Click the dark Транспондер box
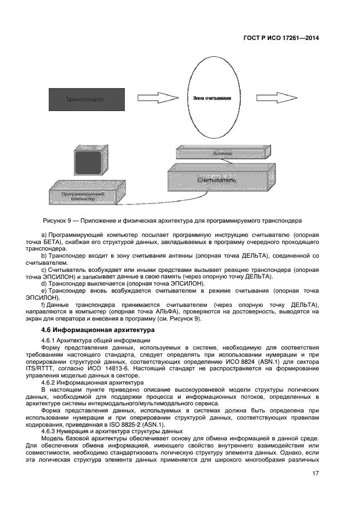click(x=84, y=99)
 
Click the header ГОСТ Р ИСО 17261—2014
click(x=280, y=38)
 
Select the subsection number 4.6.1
click(x=50, y=340)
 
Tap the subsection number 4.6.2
click(x=50, y=383)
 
